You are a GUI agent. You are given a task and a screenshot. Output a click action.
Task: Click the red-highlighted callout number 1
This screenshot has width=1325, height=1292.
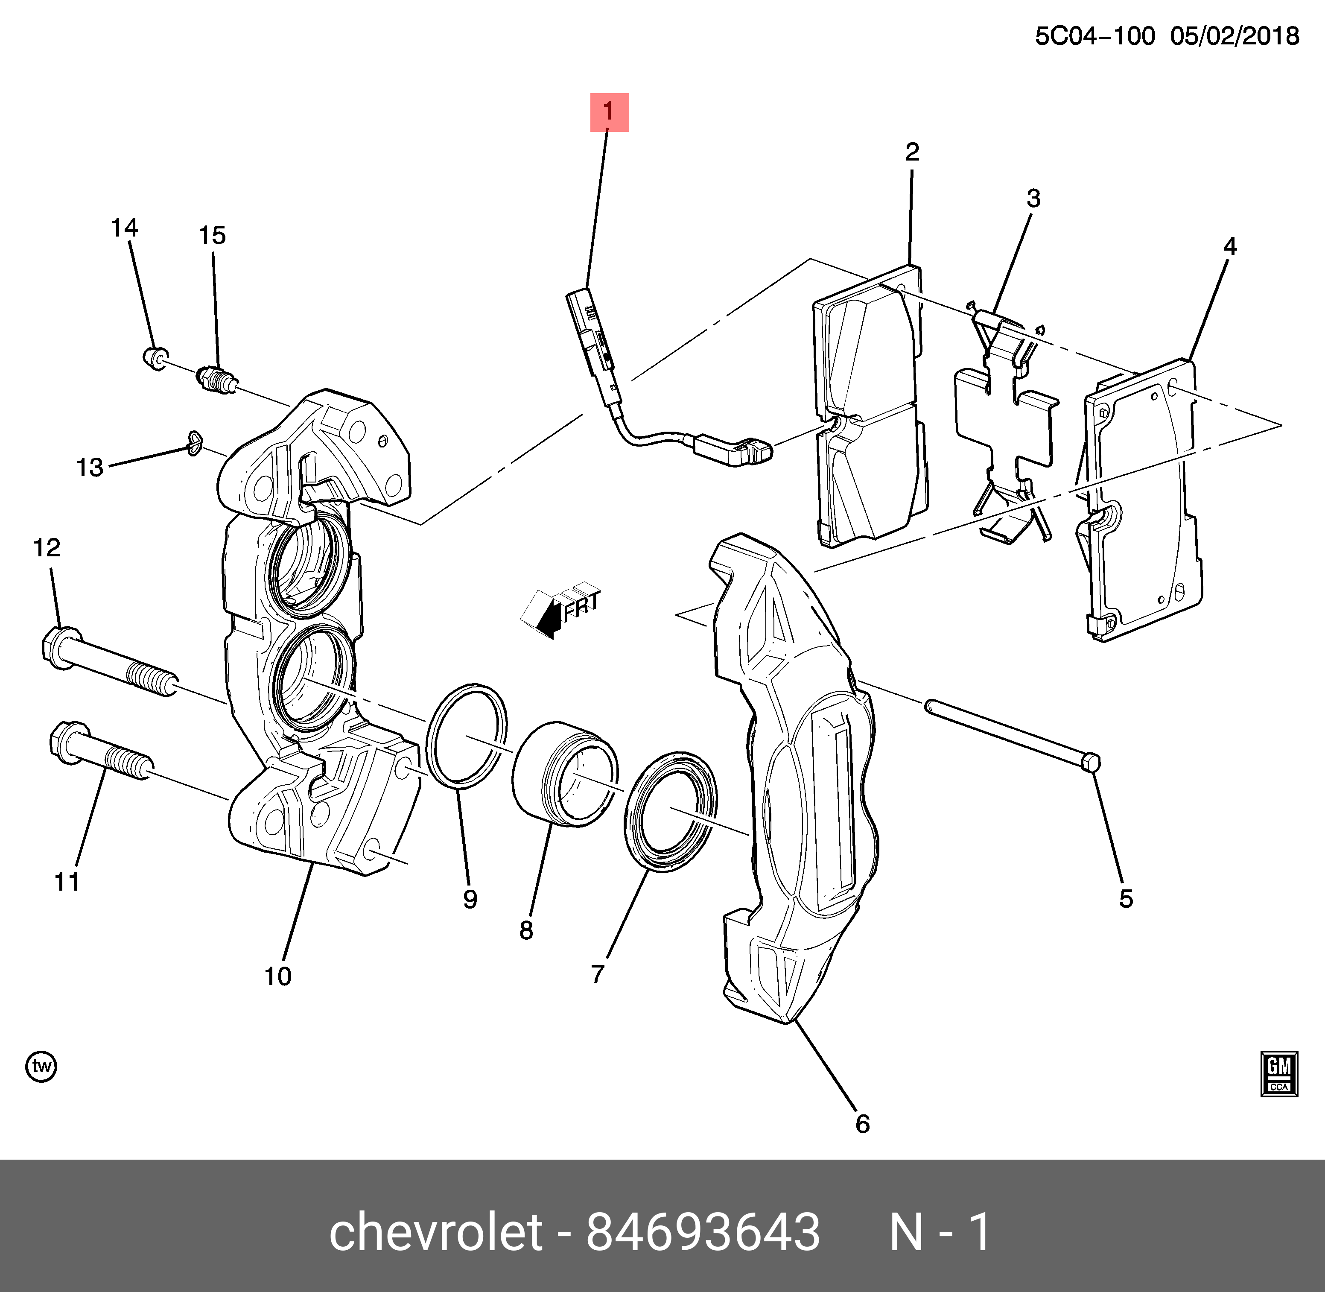(x=609, y=112)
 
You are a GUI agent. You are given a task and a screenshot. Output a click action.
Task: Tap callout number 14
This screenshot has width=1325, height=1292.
(x=125, y=228)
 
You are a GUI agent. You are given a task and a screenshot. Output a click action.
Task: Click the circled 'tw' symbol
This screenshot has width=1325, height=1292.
(x=41, y=1067)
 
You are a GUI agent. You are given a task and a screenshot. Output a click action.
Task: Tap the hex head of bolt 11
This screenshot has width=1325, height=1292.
(x=68, y=742)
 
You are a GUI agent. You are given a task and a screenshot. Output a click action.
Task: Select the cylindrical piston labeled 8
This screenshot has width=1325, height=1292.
(x=563, y=774)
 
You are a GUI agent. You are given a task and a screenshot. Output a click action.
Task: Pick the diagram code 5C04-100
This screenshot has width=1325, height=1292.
(x=1094, y=35)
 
